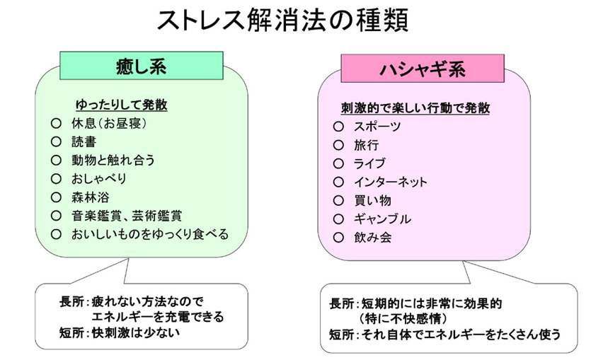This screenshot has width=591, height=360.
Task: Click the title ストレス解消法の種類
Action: pyautogui.click(x=282, y=20)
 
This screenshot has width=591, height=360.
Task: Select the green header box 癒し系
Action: pyautogui.click(x=142, y=66)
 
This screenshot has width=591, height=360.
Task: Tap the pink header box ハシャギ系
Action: pyautogui.click(x=423, y=69)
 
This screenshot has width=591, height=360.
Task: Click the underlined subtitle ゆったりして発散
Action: pyautogui.click(x=121, y=105)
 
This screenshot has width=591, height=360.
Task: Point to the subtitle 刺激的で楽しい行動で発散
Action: pyautogui.click(x=415, y=108)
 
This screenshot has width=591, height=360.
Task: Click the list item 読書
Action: pyautogui.click(x=84, y=141)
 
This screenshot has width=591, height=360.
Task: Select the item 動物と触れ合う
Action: pyautogui.click(x=113, y=160)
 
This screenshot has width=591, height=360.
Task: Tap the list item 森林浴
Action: pyautogui.click(x=91, y=197)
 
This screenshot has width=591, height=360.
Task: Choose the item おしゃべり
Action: pyautogui.click(x=99, y=178)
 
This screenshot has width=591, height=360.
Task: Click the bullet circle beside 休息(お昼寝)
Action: pyautogui.click(x=56, y=123)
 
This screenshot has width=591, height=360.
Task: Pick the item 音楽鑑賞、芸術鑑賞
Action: pyautogui.click(x=127, y=216)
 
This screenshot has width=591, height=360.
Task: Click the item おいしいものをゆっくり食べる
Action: pyautogui.click(x=150, y=234)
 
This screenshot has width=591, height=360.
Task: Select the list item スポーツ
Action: pyautogui.click(x=377, y=127)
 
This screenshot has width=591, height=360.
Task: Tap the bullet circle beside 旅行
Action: pyautogui.click(x=338, y=145)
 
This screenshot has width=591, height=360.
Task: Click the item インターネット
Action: pyautogui.click(x=391, y=182)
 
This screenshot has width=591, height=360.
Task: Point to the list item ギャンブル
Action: pyautogui.click(x=382, y=219)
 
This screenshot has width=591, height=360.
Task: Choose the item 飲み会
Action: pyautogui.click(x=373, y=237)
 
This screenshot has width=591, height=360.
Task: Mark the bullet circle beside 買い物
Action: pyautogui.click(x=338, y=200)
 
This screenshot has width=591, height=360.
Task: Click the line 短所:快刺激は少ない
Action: pyautogui.click(x=120, y=333)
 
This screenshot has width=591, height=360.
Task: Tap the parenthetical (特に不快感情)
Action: pyautogui.click(x=403, y=318)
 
